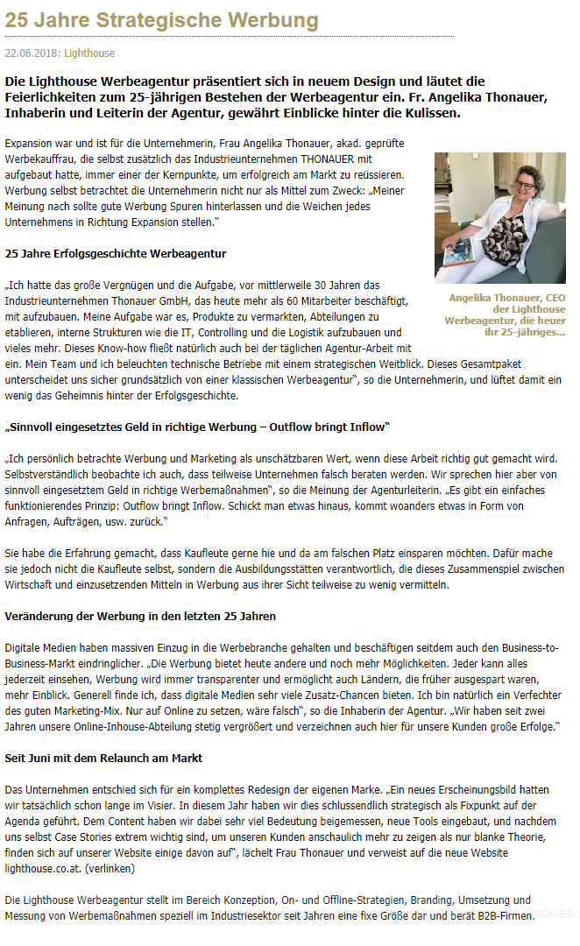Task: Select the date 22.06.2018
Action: [32, 53]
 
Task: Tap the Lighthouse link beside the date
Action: [89, 53]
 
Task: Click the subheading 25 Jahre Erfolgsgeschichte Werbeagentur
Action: [116, 254]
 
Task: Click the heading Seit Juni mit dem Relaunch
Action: [104, 758]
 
